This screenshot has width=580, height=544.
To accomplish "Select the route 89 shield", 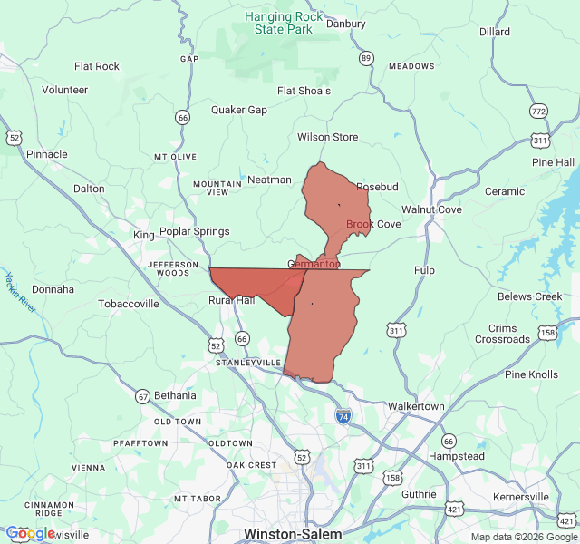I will [x=366, y=58].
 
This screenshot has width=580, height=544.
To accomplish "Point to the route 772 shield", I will [x=539, y=112].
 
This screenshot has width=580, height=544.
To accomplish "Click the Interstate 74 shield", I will [x=343, y=415].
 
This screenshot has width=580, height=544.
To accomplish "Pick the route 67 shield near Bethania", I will [x=142, y=396].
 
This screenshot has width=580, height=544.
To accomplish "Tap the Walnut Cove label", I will [x=431, y=209].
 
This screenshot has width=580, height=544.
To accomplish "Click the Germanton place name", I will [x=314, y=264].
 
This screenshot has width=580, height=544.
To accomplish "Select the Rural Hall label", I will [x=232, y=300].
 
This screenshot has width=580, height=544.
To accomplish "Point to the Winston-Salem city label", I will [x=293, y=534].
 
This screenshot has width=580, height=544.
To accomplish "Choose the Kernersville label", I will [x=521, y=497].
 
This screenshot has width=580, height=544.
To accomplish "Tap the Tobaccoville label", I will [x=129, y=304].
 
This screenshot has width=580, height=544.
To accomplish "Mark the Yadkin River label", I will [x=19, y=292].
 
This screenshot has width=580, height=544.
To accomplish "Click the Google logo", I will [x=30, y=533].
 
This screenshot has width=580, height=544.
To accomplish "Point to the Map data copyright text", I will [x=523, y=537].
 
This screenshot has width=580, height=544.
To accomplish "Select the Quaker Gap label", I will [x=239, y=110].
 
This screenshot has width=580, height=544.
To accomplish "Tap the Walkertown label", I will [x=416, y=406].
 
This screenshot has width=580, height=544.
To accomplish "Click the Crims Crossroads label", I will [x=503, y=334].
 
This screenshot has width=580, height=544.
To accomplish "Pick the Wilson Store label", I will [x=327, y=137].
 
